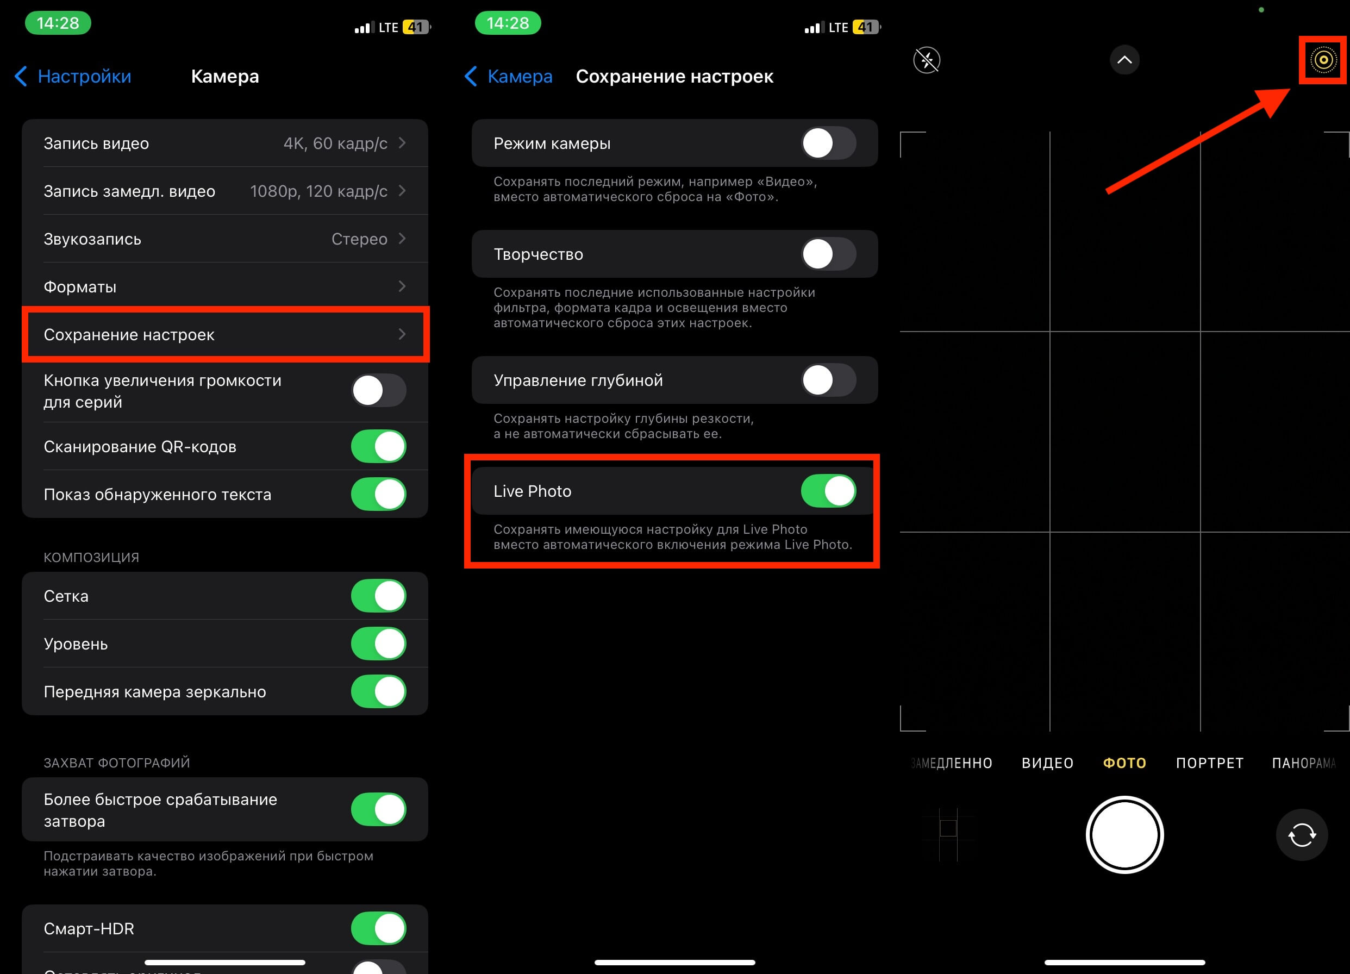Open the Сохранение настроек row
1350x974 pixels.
(225, 335)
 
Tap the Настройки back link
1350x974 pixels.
(73, 76)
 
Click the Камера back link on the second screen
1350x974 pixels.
(508, 76)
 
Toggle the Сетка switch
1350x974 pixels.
(379, 596)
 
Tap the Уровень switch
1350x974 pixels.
(379, 644)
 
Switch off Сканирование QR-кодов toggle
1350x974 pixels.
(379, 447)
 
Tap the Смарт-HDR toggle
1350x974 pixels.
(379, 929)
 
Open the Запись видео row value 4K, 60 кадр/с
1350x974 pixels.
(335, 143)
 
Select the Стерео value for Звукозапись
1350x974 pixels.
(360, 239)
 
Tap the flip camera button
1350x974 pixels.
(1302, 835)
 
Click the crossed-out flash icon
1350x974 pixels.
(927, 60)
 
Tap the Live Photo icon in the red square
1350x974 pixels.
(1323, 60)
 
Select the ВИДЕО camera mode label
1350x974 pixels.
(1048, 763)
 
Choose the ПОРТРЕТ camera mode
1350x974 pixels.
(1210, 763)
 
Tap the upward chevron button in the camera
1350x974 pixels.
(1124, 60)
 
